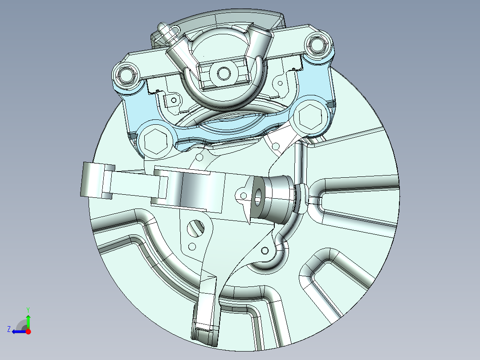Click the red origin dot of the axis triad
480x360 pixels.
tap(28, 331)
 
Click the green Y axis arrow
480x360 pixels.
tap(28, 320)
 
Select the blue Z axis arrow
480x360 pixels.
tap(17, 331)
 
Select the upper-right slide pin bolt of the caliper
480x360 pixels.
tap(317, 45)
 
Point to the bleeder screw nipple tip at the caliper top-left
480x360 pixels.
tap(163, 28)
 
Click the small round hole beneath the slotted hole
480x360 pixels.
tap(192, 246)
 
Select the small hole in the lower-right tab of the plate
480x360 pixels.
tap(266, 251)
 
